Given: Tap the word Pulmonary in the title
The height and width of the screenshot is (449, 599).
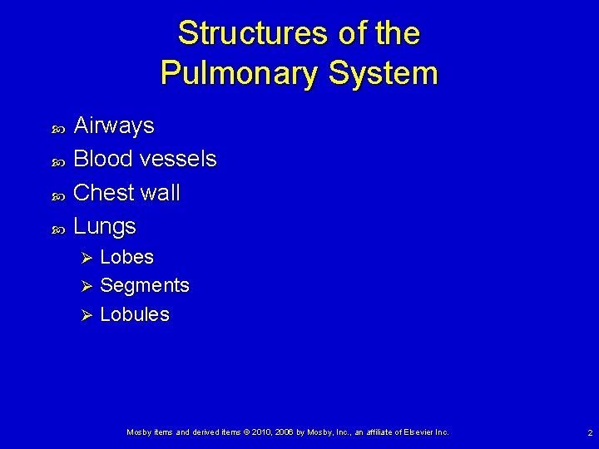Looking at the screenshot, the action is point(240,73).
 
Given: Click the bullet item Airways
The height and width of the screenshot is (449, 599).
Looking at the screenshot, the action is point(114,126).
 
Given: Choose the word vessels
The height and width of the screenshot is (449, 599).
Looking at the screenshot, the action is point(179,159).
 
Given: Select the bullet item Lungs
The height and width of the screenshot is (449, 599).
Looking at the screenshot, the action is point(105,226).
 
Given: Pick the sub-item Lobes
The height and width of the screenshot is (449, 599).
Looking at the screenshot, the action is point(126,257).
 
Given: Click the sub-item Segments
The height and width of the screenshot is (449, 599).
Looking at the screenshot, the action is point(145,285).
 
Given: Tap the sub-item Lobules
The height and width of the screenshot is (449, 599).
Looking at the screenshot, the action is point(135,314).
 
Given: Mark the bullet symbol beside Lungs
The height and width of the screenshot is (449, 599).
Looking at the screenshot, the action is point(58,228).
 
